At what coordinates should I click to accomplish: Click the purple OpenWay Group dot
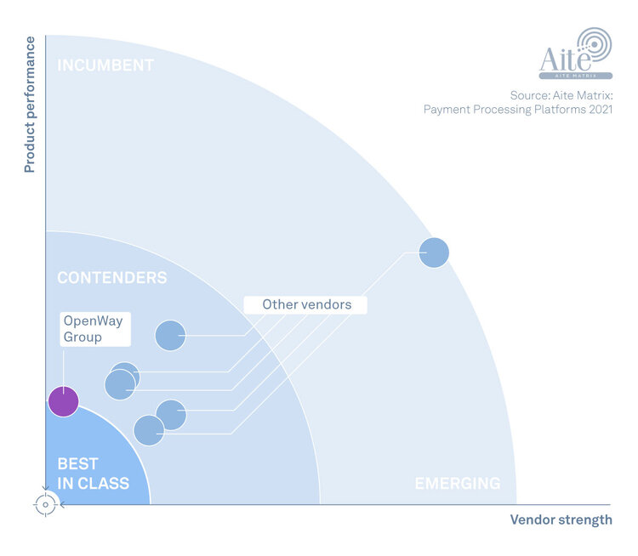pos(63,401)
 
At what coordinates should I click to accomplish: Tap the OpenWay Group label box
pos(94,329)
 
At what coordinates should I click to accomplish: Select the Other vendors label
pos(305,304)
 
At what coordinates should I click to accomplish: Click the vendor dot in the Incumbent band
pos(434,252)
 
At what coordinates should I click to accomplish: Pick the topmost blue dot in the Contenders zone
pos(170,335)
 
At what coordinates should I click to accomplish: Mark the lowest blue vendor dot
pos(149,430)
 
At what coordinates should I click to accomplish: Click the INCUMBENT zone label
pos(105,65)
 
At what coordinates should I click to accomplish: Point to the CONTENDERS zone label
pos(111,278)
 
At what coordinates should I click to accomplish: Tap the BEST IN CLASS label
pos(93,474)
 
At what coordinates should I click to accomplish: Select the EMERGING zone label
pos(457,483)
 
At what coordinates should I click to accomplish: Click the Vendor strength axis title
pos(561,519)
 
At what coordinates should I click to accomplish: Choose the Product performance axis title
pos(30,105)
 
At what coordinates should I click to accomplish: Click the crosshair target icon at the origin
pos(45,504)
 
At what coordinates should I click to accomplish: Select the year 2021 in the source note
pos(597,110)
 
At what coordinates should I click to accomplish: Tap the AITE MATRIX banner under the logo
pos(575,76)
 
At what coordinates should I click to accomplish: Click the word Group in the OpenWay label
pos(83,337)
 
